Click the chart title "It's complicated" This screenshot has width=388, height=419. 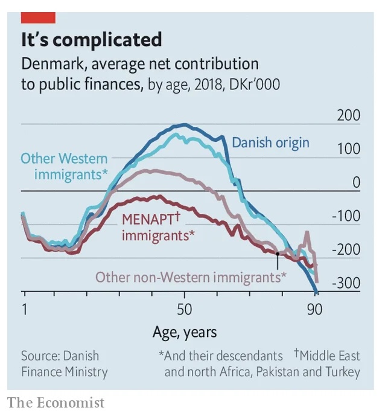(x=91, y=40)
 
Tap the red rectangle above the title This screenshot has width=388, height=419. (x=37, y=17)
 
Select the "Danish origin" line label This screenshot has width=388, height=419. (x=270, y=142)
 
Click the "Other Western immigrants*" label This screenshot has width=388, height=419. (x=64, y=167)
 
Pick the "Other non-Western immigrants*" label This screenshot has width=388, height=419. (x=191, y=277)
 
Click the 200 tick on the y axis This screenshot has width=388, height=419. (x=348, y=116)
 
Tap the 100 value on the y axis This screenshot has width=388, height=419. (x=348, y=149)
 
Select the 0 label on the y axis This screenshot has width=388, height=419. (x=356, y=183)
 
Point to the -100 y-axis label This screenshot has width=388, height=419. (x=346, y=216)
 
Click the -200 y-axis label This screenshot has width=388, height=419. (x=346, y=250)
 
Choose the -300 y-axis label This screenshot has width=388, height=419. (x=346, y=284)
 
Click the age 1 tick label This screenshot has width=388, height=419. (x=24, y=309)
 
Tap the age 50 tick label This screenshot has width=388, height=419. (x=184, y=309)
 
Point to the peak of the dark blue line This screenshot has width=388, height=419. (x=184, y=125)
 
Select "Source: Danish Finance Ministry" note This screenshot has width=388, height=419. (x=64, y=363)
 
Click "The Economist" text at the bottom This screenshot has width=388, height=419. (x=56, y=403)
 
